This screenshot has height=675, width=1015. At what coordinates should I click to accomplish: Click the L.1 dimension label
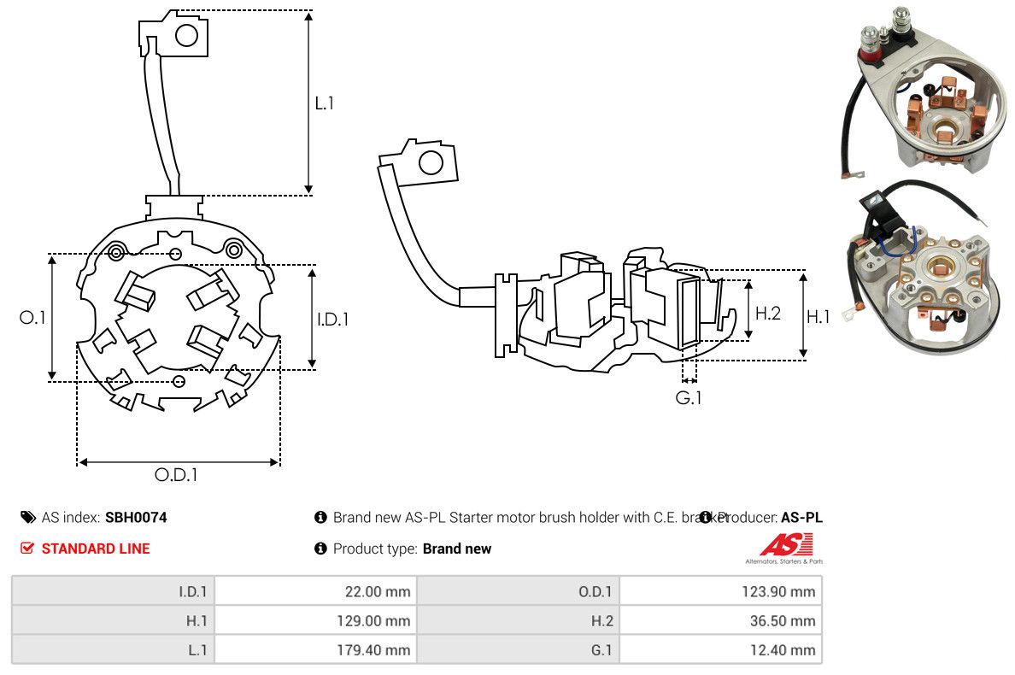(x=325, y=103)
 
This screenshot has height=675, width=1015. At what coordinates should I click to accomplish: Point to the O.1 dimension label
(x=32, y=318)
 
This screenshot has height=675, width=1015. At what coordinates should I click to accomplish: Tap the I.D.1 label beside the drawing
(x=332, y=320)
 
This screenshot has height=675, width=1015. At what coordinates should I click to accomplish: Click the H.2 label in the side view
(x=767, y=314)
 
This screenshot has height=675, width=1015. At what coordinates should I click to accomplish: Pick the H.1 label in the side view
(x=818, y=317)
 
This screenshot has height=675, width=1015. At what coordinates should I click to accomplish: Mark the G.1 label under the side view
(x=689, y=398)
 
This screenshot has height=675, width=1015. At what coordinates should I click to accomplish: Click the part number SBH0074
(x=136, y=517)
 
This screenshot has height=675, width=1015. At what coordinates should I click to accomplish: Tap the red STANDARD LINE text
(x=96, y=549)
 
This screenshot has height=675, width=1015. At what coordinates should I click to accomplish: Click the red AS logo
(x=786, y=543)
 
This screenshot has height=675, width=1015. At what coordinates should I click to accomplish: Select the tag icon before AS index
(x=28, y=517)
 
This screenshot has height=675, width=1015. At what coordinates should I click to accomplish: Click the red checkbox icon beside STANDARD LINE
(x=28, y=549)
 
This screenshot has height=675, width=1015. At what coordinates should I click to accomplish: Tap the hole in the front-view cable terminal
(x=186, y=35)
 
